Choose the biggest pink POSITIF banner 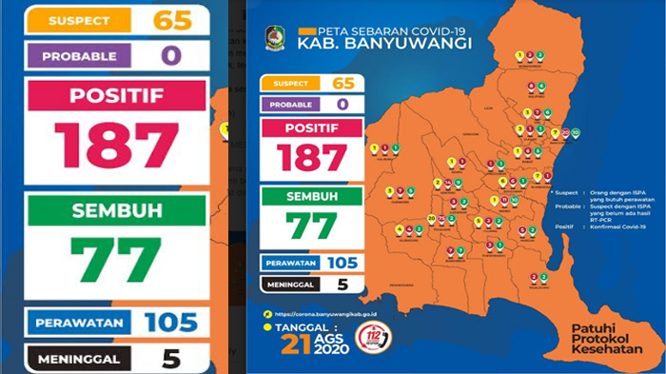(116, 95)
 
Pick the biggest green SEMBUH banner (116, 209)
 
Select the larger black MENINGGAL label (80, 359)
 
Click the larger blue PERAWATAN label (80, 323)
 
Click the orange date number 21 (295, 345)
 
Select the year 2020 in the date (330, 351)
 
